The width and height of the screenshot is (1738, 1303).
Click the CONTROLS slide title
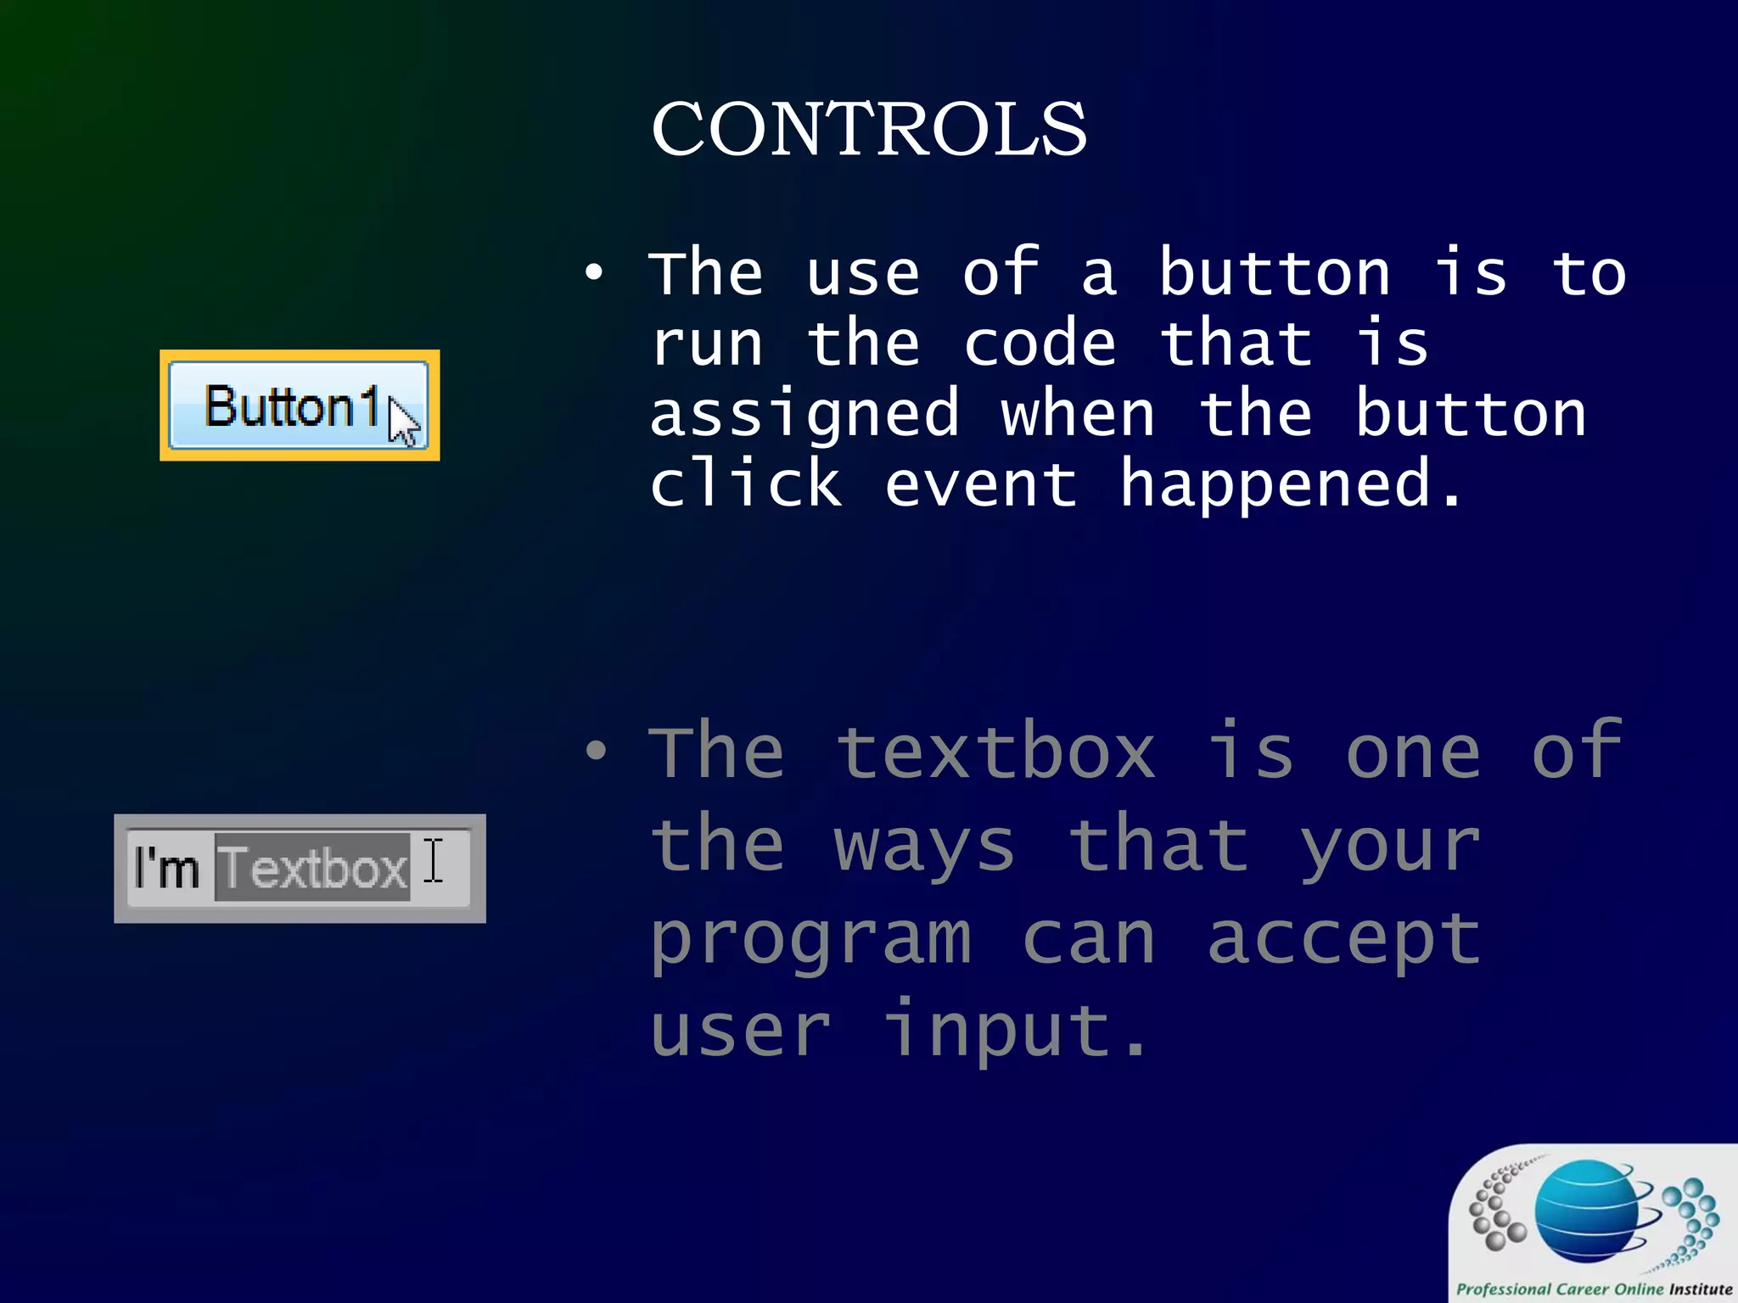click(x=868, y=129)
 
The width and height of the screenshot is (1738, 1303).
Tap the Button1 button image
click(x=289, y=405)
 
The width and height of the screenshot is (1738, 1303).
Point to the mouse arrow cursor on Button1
click(x=403, y=422)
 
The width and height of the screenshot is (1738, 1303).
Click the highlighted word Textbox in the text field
click(x=312, y=868)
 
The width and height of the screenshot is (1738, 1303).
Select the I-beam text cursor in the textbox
click(x=434, y=861)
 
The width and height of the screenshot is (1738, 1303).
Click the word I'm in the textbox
click(x=166, y=868)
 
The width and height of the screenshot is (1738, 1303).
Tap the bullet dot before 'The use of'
click(x=594, y=273)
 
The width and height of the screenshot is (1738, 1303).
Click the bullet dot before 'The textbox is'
click(x=596, y=750)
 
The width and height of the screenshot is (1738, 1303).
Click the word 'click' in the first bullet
click(x=746, y=484)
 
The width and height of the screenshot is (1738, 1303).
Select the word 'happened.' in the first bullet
click(x=1291, y=484)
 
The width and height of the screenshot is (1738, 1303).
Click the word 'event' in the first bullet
click(x=980, y=484)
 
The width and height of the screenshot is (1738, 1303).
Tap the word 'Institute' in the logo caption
click(x=1700, y=1289)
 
